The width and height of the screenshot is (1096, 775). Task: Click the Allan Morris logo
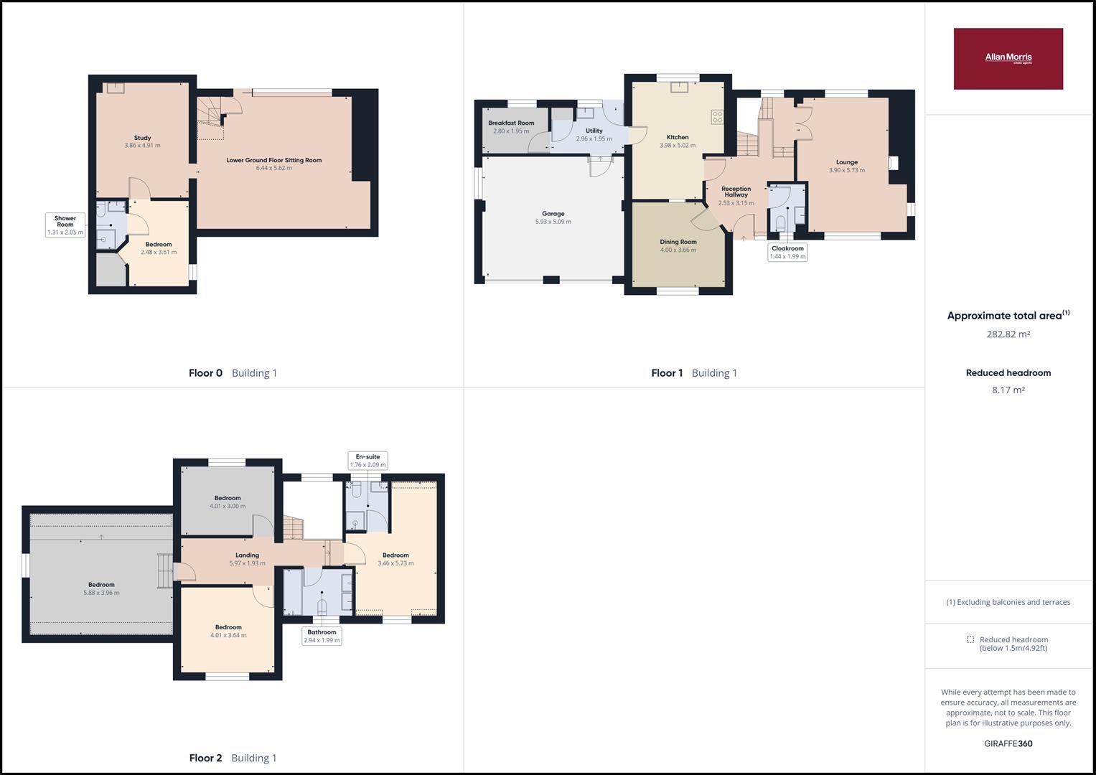pos(1008,59)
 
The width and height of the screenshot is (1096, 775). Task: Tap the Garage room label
pos(553,214)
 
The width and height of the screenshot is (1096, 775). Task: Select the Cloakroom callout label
pos(787,252)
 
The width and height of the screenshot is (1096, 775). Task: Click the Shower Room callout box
pos(65,225)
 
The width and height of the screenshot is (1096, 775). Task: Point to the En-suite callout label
pos(367,461)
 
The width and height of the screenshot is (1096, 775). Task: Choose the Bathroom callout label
pos(322,636)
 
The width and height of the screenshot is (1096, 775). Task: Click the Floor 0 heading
pos(205,373)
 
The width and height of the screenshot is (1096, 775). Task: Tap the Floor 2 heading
pos(205,758)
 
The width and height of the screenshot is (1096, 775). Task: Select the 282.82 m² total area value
pos(1008,334)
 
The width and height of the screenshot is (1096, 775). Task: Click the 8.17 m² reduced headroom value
pos(1008,390)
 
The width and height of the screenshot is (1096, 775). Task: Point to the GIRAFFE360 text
pos(1008,743)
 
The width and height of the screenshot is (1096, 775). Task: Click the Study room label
pos(142,138)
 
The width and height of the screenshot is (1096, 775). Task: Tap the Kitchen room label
pos(678,137)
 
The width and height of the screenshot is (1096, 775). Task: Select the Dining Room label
pos(678,242)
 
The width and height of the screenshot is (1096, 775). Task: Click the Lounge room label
pos(846,162)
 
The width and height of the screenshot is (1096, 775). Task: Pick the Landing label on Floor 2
pos(247,555)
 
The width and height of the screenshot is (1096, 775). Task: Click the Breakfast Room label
pos(511,123)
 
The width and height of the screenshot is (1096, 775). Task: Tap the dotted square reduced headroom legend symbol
pos(970,639)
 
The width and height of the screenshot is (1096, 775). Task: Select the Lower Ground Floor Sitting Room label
pos(273,160)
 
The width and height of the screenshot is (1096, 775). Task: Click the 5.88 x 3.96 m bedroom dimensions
pos(101,593)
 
